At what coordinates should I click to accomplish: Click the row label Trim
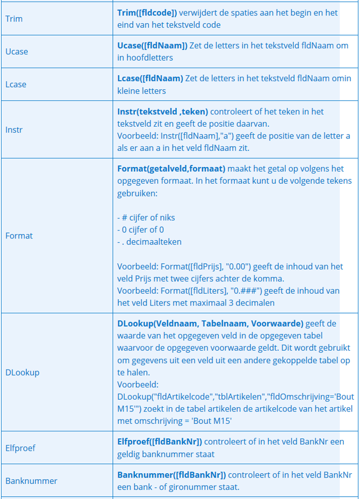pos(14,19)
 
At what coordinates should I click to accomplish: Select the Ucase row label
pos(17,52)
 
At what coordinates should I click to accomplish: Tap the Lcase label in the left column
pos(16,84)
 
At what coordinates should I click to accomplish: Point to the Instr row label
pos(14,129)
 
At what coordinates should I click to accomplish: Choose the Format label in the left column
pos(19,235)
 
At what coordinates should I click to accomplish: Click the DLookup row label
pos(22,372)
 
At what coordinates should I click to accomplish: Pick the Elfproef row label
pos(20,447)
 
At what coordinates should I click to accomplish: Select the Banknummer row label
pos(31,481)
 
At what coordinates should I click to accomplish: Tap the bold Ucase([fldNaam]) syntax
pos(152,46)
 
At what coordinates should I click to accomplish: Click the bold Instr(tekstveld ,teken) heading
pos(162,112)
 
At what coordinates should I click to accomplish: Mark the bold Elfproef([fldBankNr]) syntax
pos(160,442)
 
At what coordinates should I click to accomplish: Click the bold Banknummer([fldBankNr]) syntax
pos(171,475)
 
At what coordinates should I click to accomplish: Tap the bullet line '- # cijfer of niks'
pos(146,218)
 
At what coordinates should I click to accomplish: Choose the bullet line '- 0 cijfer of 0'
pos(140,229)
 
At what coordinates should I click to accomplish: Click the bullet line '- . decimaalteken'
pos(149,242)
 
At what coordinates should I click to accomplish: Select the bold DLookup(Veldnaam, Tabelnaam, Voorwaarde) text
pos(211,323)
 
